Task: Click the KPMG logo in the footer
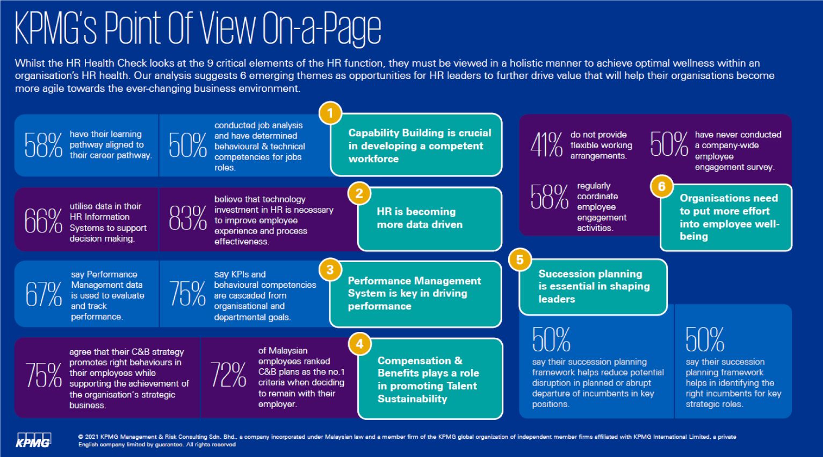[33, 440]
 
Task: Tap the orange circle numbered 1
[330, 113]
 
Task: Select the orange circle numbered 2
[359, 194]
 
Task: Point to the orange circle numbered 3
[330, 270]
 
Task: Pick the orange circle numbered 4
[359, 344]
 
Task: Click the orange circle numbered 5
[519, 260]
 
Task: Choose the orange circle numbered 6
[661, 186]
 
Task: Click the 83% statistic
[187, 220]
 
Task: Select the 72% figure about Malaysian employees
[228, 375]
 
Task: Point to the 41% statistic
[546, 145]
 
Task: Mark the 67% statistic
[44, 295]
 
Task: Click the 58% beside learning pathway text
[43, 145]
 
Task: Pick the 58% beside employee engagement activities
[549, 197]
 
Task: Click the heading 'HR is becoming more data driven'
[419, 218]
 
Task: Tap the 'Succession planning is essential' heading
[594, 286]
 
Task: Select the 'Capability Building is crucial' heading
[419, 146]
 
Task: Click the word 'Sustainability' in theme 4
[412, 398]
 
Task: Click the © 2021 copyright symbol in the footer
[81, 437]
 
